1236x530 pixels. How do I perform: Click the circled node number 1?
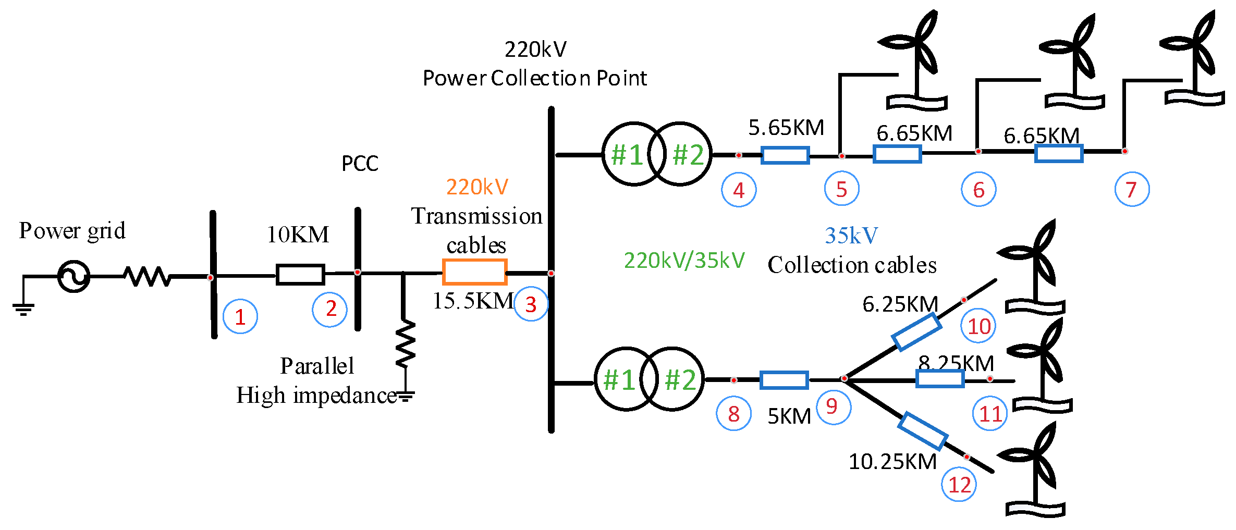pyautogui.click(x=240, y=316)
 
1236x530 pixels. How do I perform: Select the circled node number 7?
pyautogui.click(x=1132, y=189)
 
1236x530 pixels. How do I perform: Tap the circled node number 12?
pyautogui.click(x=959, y=485)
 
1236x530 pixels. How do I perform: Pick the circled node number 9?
pyautogui.click(x=833, y=406)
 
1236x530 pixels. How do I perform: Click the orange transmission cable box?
pyautogui.click(x=474, y=272)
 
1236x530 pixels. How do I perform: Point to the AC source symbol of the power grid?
pyautogui.click(x=74, y=276)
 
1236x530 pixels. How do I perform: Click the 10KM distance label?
pyautogui.click(x=298, y=235)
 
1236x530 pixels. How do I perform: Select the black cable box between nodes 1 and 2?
pyautogui.click(x=300, y=274)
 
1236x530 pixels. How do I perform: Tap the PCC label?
pyautogui.click(x=360, y=164)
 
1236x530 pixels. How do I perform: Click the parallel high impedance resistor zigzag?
pyautogui.click(x=405, y=344)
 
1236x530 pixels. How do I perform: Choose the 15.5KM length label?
pyautogui.click(x=473, y=301)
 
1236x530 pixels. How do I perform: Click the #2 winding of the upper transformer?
pyautogui.click(x=687, y=154)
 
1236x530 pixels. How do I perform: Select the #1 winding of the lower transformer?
pyautogui.click(x=619, y=379)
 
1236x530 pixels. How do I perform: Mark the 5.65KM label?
pyautogui.click(x=786, y=128)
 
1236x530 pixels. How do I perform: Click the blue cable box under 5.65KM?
pyautogui.click(x=785, y=155)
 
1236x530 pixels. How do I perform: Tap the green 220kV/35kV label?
pyautogui.click(x=684, y=260)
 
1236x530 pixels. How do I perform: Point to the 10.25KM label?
pyautogui.click(x=892, y=461)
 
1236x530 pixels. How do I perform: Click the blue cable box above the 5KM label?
pyautogui.click(x=784, y=380)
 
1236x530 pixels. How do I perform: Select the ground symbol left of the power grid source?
pyautogui.click(x=23, y=309)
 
